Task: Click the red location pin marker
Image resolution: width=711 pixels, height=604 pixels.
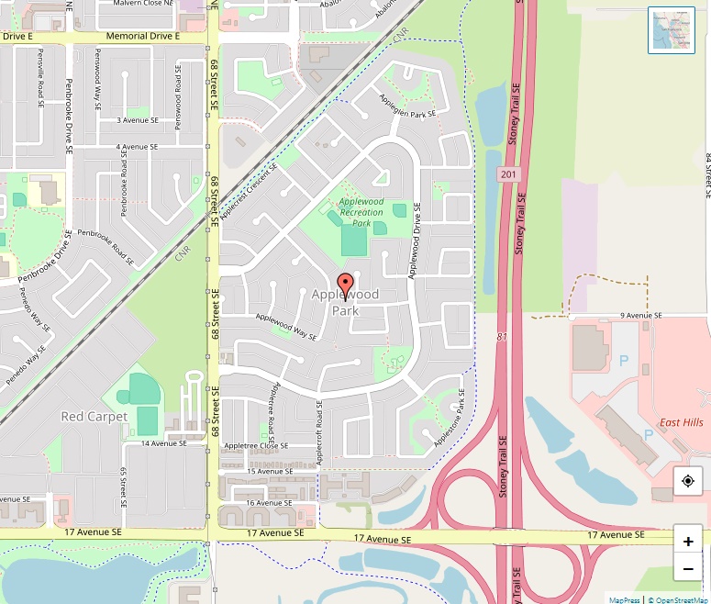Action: pos(345,285)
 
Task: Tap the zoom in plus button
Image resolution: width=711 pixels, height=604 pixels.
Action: pos(688,541)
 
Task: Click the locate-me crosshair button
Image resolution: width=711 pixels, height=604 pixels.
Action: pos(688,481)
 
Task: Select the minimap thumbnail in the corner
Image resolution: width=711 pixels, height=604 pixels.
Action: pos(672,30)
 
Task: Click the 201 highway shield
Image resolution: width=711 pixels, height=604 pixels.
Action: pos(509,173)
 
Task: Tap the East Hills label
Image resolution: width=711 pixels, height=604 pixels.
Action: pos(681,422)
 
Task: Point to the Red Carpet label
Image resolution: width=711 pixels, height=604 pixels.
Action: pos(94,417)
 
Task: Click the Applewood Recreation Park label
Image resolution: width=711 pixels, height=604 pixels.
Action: pos(361,212)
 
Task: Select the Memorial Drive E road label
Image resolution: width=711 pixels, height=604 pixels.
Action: pos(143,36)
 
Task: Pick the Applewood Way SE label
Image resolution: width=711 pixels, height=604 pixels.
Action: pos(286,327)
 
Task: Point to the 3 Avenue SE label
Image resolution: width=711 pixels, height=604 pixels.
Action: pos(137,120)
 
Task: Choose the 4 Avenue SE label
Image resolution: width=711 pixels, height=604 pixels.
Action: pos(137,147)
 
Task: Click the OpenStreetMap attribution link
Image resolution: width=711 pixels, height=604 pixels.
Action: pos(678,599)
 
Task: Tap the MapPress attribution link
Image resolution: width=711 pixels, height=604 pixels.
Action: pos(624,599)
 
